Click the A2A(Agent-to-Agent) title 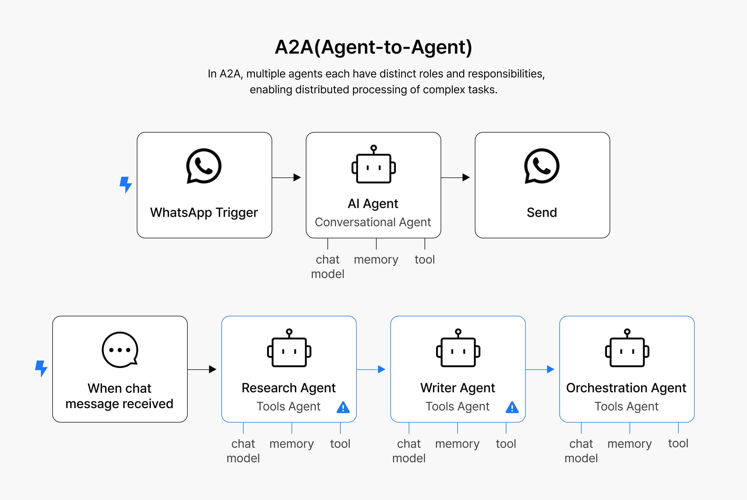[373, 47]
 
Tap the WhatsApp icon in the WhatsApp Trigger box [204, 166]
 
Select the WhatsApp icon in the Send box [542, 166]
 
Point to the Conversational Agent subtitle [373, 222]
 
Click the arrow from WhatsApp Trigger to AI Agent [287, 178]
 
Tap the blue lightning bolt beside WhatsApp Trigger [125, 185]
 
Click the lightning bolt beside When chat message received [41, 369]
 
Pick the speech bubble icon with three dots [120, 350]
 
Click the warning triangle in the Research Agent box [343, 407]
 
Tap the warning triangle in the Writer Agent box [512, 407]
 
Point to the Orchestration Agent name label [626, 388]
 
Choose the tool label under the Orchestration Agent [678, 443]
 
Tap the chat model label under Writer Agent [409, 451]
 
